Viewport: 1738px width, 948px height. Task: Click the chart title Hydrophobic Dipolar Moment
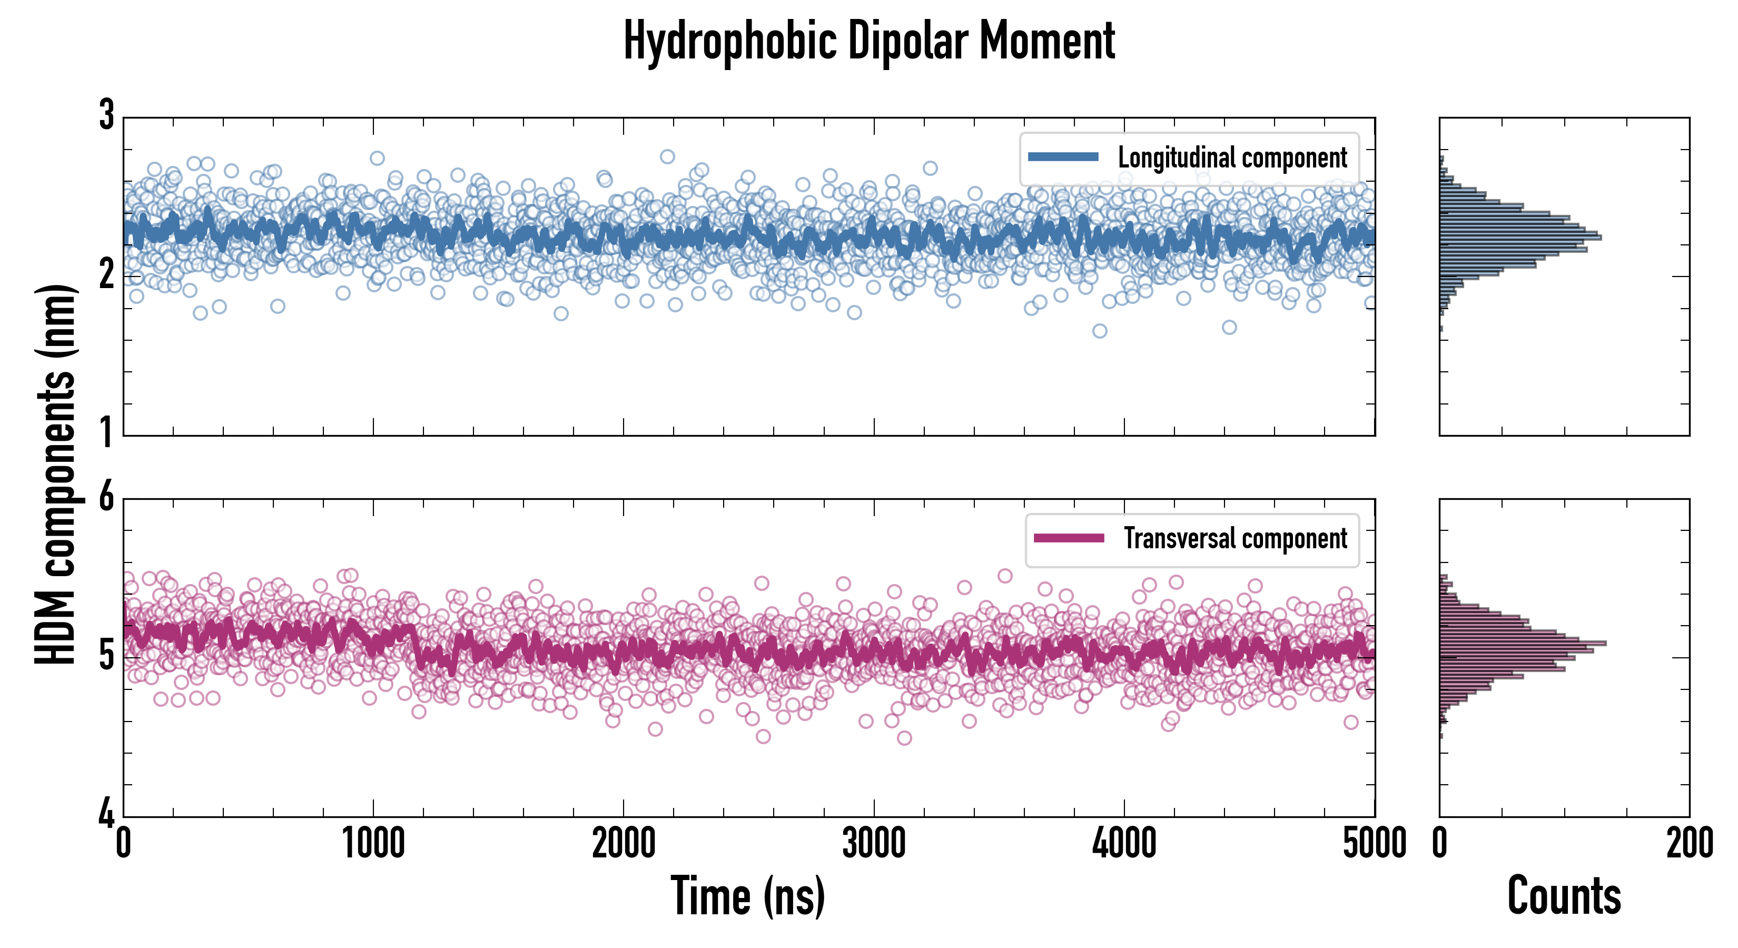click(869, 41)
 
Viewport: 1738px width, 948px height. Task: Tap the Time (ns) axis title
click(747, 895)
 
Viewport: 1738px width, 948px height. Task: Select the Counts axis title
click(1564, 895)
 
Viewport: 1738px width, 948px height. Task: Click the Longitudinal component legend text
click(1232, 158)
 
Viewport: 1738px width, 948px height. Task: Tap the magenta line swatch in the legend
click(1068, 538)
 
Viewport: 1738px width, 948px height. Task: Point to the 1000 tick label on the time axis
click(373, 843)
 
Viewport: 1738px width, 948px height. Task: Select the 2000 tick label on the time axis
click(624, 843)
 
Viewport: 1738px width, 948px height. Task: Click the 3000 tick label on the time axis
click(874, 843)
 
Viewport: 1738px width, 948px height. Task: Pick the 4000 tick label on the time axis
click(1124, 843)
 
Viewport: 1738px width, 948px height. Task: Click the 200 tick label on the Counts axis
click(1690, 843)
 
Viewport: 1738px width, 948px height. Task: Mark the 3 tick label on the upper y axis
click(106, 115)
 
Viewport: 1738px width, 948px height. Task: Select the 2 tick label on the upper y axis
click(106, 274)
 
